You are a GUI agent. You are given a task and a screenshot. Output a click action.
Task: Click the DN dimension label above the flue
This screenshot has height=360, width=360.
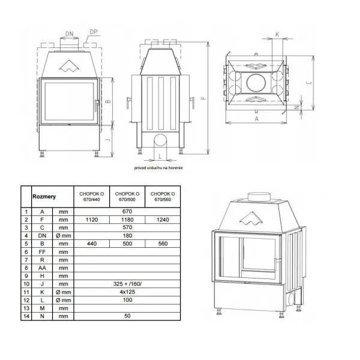pos(70,34)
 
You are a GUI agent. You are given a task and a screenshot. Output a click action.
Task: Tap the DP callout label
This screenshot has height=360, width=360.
pos(94,32)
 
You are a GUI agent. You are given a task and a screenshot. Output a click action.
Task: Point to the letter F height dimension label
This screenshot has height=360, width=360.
pos(203,98)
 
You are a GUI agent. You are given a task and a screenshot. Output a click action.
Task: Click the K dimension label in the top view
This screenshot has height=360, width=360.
pos(277,34)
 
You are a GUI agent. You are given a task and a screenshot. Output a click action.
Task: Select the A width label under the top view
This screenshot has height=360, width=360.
pos(257,119)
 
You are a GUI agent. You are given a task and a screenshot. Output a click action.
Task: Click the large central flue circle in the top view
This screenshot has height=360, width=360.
pos(256,83)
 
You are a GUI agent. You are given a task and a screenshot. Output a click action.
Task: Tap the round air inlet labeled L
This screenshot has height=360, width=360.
pos(160,140)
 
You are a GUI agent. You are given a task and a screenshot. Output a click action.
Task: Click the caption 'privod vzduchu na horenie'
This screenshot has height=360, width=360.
pos(158,168)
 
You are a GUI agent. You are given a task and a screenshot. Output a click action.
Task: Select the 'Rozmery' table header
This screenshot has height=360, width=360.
pos(44,197)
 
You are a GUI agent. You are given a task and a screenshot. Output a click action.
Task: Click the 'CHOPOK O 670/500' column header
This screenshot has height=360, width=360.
pos(127,197)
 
